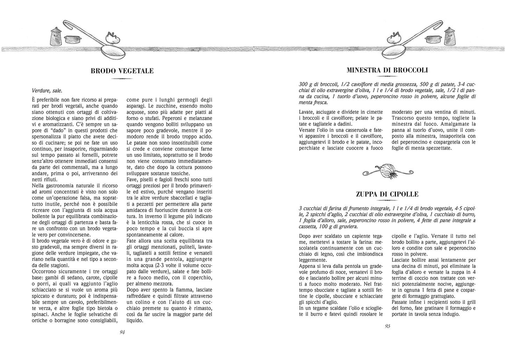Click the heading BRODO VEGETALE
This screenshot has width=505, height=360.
(x=122, y=71)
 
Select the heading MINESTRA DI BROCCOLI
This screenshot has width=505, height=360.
(x=387, y=70)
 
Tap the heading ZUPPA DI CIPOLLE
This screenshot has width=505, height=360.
(x=387, y=194)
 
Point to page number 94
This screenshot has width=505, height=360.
(x=122, y=332)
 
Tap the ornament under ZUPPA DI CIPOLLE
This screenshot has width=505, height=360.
(x=387, y=200)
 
